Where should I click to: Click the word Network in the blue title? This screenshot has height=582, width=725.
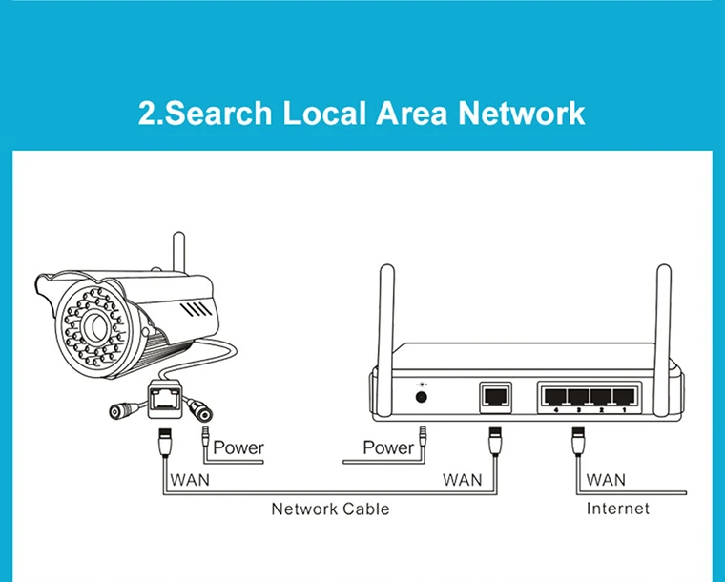tap(522, 114)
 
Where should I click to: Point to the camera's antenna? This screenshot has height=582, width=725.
tap(176, 253)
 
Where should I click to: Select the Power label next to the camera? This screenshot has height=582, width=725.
tap(238, 447)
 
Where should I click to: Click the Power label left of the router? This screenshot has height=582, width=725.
tap(388, 447)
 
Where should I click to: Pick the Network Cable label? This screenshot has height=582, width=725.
tap(330, 509)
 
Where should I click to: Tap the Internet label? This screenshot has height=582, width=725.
tap(618, 509)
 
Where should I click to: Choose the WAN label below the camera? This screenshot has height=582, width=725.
tap(190, 479)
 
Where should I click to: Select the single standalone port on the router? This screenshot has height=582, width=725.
tap(495, 393)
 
